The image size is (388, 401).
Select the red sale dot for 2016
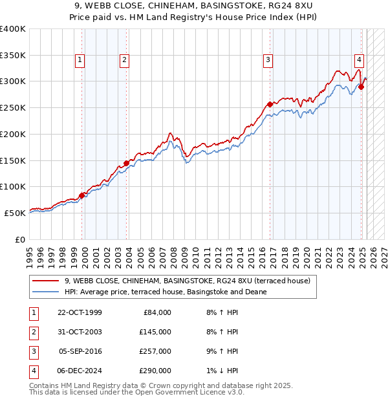(x=270, y=103)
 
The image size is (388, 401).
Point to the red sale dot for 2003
(x=127, y=163)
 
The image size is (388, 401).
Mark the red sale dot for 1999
(x=82, y=195)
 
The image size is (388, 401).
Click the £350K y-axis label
(x=13, y=55)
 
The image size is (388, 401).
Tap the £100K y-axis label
(x=13, y=186)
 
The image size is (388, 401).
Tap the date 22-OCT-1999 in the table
(x=80, y=312)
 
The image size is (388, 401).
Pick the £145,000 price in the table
(x=155, y=332)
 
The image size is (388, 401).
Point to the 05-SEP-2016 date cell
(x=80, y=351)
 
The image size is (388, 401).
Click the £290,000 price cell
(x=155, y=371)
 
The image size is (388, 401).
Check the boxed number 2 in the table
(x=34, y=332)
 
